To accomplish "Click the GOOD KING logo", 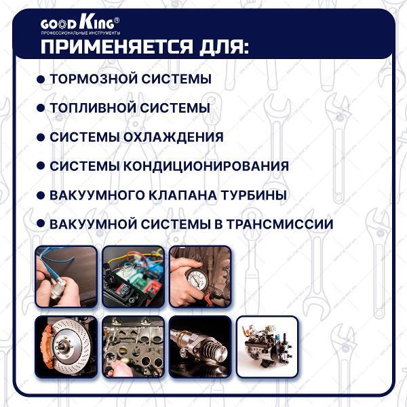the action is click(x=80, y=26).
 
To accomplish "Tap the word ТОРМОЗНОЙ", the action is click(x=94, y=79).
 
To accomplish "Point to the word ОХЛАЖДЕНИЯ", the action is click(x=173, y=137).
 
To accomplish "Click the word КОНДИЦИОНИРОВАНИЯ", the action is click(x=206, y=166).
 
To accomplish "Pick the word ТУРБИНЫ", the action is click(x=254, y=195).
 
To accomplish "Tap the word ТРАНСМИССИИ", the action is click(x=280, y=225).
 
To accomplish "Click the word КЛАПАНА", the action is click(x=182, y=195).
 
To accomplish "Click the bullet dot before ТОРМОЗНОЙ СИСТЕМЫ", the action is click(x=41, y=79).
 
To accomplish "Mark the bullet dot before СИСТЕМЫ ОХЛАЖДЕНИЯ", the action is click(x=41, y=137).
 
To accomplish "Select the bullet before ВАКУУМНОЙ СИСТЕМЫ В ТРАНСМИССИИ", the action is click(x=41, y=223).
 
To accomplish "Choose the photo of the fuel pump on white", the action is click(x=267, y=347).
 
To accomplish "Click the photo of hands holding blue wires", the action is click(x=66, y=277).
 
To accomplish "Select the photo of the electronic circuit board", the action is click(x=134, y=277).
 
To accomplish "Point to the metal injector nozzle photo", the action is click(x=200, y=347).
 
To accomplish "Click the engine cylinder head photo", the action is click(x=134, y=347).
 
